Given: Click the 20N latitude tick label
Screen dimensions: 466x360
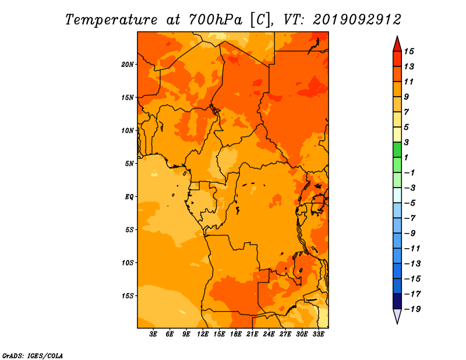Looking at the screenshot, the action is point(127,65).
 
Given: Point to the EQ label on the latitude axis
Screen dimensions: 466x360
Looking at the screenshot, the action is point(129,197).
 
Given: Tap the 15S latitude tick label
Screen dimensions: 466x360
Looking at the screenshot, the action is point(128,296).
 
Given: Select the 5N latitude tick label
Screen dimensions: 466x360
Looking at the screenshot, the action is point(129,164).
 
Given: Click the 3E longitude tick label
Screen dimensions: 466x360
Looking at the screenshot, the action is point(153,334).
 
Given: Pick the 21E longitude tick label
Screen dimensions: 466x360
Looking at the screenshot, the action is point(252,334).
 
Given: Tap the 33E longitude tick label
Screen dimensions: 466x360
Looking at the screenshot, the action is point(318,334).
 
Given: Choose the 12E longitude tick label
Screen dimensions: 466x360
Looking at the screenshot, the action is point(202,334).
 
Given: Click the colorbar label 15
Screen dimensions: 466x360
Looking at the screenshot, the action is point(409,51).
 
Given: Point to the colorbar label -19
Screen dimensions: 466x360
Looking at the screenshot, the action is point(412,309).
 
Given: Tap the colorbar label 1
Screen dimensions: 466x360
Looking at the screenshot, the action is point(406,157).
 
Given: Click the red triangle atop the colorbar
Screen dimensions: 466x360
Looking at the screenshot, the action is point(397,44).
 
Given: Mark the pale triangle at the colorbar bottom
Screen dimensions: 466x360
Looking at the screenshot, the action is point(397,316).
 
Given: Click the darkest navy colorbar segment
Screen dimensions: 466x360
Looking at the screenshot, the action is point(397,301).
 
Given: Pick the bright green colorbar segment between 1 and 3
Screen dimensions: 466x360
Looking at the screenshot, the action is point(397,150).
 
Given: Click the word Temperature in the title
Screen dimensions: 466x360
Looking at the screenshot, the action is point(111,20).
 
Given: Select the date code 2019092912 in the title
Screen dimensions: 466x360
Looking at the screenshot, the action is point(357,20).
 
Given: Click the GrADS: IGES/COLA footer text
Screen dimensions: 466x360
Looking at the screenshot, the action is point(33,356).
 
